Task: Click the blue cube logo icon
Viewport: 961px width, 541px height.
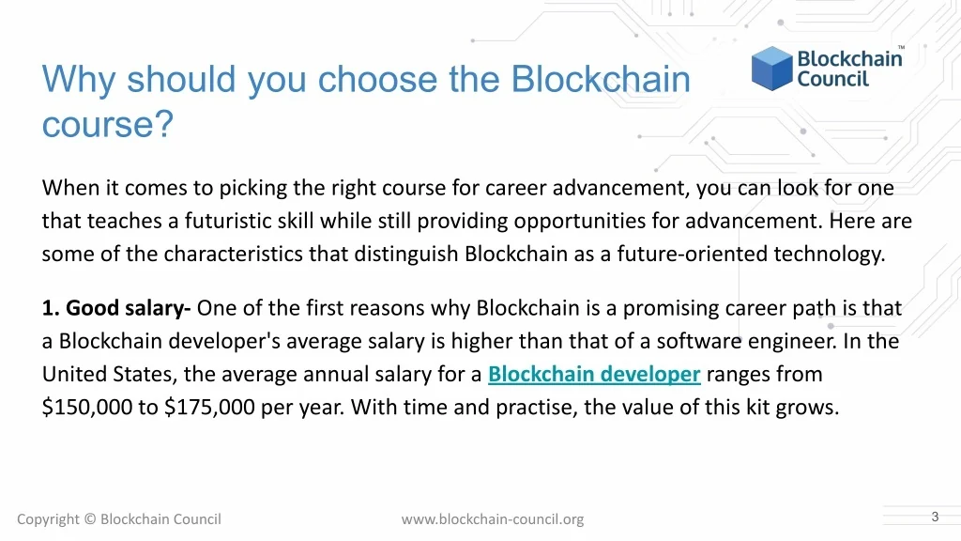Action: click(771, 68)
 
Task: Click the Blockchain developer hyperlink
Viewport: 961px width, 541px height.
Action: click(594, 374)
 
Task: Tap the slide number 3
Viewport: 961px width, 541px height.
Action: click(935, 517)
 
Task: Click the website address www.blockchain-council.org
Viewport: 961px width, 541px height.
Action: click(492, 519)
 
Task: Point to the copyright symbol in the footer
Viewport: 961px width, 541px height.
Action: click(90, 518)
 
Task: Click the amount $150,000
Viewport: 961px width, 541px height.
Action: click(87, 408)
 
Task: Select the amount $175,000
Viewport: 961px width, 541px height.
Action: click(209, 408)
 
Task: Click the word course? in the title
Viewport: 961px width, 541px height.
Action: click(108, 124)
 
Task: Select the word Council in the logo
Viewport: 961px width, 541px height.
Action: click(833, 79)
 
